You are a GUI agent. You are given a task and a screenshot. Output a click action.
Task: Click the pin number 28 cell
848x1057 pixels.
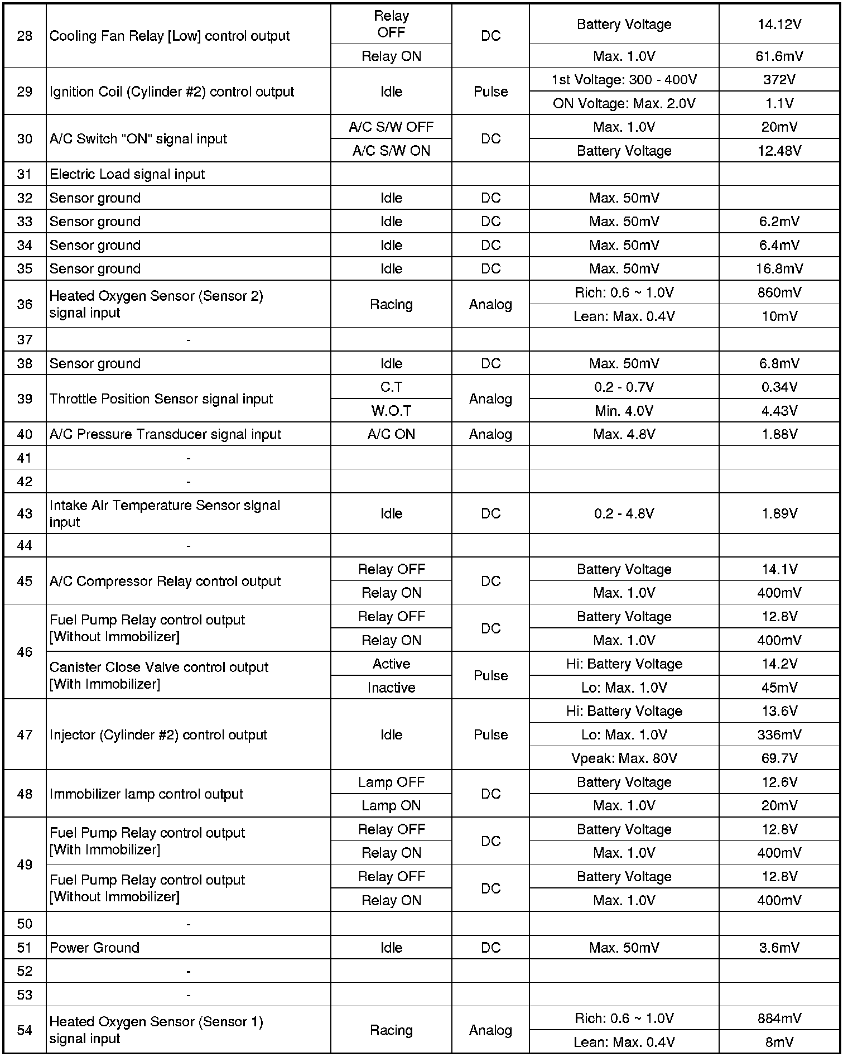click(x=25, y=36)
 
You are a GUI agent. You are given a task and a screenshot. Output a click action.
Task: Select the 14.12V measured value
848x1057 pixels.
click(x=779, y=25)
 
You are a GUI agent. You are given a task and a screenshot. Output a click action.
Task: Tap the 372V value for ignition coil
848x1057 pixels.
click(x=779, y=80)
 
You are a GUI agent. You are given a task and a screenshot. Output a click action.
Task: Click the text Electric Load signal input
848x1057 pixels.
click(x=127, y=175)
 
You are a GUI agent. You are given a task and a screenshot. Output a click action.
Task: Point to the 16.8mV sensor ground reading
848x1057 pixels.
click(x=779, y=269)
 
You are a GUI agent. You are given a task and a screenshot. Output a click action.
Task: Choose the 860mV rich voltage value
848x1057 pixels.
click(x=779, y=292)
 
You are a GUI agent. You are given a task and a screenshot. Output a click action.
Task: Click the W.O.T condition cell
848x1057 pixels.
click(x=391, y=411)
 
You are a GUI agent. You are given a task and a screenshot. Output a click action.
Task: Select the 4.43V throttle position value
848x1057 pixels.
click(x=779, y=411)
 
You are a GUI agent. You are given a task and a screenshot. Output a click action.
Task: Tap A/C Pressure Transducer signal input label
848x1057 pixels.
click(x=165, y=435)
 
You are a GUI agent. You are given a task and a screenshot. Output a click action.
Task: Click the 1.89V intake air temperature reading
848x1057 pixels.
click(x=779, y=513)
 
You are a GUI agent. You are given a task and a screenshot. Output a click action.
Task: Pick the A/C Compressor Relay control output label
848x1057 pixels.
click(x=165, y=582)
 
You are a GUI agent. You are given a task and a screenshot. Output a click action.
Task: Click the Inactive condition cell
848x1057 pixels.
click(x=391, y=688)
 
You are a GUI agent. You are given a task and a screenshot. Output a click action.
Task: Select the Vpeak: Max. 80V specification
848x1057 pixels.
click(x=624, y=758)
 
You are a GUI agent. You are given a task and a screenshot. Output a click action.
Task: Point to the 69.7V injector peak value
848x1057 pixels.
click(x=779, y=758)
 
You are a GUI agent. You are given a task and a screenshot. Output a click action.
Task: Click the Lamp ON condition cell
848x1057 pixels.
click(x=391, y=806)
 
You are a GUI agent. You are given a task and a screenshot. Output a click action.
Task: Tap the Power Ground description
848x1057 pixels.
click(x=94, y=948)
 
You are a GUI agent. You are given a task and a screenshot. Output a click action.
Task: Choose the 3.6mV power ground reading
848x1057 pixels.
click(x=779, y=948)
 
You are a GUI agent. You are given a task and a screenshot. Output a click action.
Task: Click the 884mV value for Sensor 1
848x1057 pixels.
click(x=779, y=1018)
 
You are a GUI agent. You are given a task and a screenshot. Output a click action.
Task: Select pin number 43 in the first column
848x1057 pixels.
click(x=25, y=513)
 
